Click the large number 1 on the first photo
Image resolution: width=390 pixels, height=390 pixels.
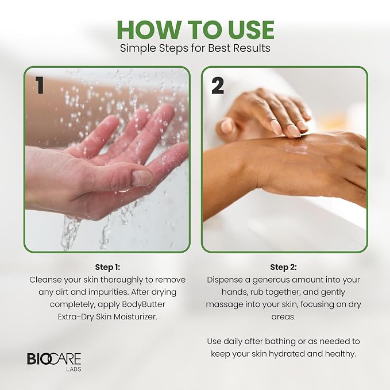(40, 85)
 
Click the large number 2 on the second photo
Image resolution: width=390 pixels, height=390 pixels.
(218, 86)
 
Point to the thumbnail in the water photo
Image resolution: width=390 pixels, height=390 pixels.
(141, 177)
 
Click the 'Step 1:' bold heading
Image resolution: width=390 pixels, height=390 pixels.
(107, 268)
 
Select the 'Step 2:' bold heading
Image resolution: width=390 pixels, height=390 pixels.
(283, 268)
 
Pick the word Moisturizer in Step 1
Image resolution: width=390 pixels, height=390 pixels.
(136, 316)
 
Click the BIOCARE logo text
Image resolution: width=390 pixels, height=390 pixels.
(54, 359)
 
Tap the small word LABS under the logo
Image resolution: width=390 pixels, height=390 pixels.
(74, 369)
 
